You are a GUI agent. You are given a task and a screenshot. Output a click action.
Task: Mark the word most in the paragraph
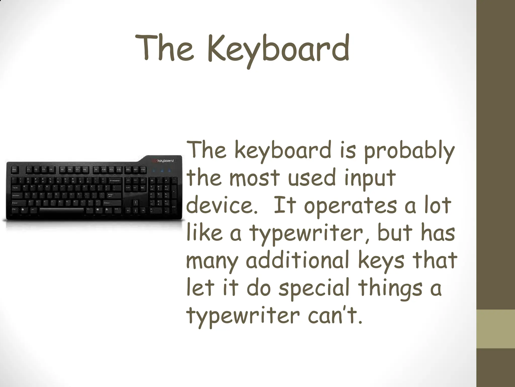(254, 178)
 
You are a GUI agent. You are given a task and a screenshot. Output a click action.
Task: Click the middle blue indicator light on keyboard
(162, 171)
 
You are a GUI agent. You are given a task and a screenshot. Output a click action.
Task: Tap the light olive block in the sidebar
(496, 329)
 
